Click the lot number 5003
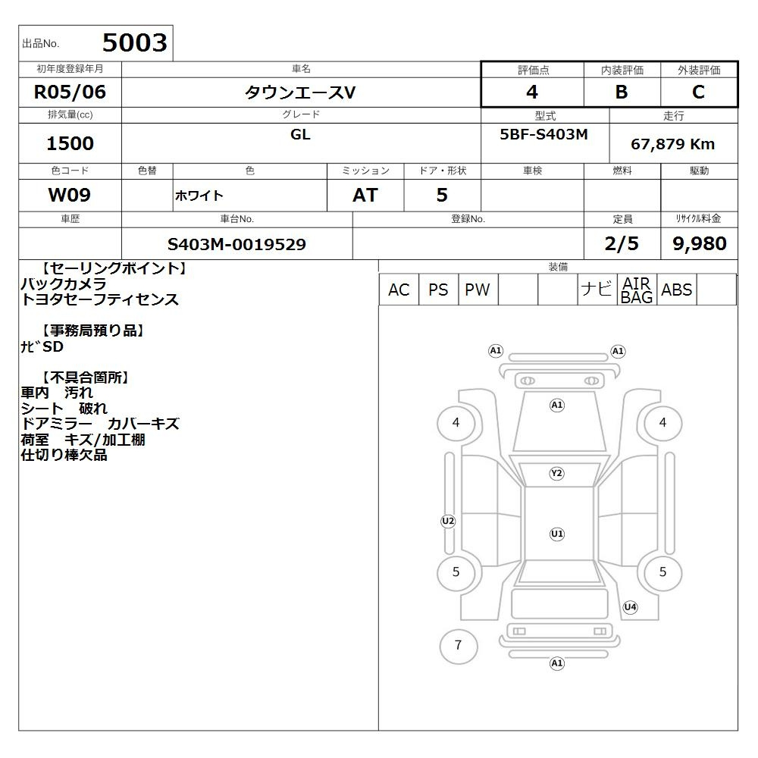tap(135, 42)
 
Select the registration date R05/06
tap(70, 92)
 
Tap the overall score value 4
tap(532, 92)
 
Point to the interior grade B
tap(622, 92)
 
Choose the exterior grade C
tap(699, 92)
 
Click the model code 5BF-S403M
tap(543, 134)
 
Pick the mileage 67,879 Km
tap(673, 144)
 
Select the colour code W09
tap(70, 195)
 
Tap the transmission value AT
tap(365, 196)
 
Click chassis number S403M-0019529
tap(236, 244)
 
